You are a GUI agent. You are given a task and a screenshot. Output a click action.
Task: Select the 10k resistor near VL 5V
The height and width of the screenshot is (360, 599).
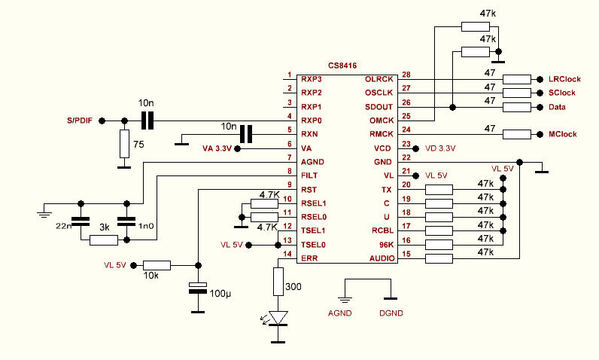point(157,264)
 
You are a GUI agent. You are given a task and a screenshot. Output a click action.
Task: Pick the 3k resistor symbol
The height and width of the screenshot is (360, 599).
point(104,240)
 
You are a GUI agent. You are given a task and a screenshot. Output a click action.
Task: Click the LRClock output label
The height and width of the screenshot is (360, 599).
point(564,79)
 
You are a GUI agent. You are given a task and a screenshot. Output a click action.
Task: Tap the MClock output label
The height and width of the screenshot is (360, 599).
point(563,135)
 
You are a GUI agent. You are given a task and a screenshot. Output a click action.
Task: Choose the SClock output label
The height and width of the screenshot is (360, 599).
point(561,93)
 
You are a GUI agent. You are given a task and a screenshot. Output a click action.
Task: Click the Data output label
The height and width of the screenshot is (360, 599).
point(557,108)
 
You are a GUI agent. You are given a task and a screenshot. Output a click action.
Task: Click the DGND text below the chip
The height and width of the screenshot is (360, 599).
point(391,312)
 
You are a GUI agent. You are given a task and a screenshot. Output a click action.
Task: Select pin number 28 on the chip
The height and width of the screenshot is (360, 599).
point(406,75)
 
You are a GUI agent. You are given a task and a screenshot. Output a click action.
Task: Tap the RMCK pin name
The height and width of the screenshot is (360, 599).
point(378,135)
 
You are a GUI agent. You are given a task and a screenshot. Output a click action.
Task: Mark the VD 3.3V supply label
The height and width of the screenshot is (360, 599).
point(440,148)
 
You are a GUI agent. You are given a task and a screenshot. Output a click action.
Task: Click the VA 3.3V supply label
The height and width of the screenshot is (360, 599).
point(218,148)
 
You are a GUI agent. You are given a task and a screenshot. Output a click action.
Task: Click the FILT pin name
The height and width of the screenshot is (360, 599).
point(309,175)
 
